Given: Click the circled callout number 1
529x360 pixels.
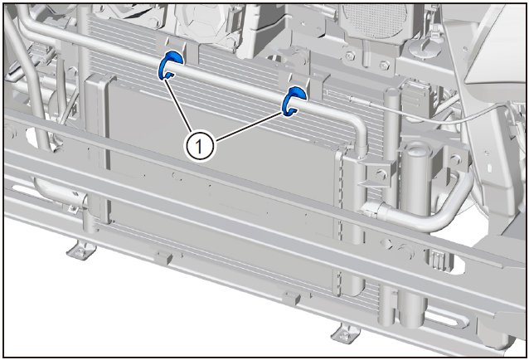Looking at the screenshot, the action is click(x=199, y=147).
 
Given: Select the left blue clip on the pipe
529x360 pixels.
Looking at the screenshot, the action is click(x=170, y=66).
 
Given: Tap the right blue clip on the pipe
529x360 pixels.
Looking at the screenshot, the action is click(x=294, y=101).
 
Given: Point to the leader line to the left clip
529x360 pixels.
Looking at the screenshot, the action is click(x=177, y=105).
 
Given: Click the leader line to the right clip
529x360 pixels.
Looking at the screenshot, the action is click(x=248, y=126).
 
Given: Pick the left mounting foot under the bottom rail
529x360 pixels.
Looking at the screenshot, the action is click(x=81, y=250).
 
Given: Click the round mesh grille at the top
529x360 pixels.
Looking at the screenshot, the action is click(x=374, y=20).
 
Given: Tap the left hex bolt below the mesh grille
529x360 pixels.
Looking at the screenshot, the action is click(x=351, y=56).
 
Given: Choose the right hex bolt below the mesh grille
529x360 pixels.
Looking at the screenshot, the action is click(x=385, y=66).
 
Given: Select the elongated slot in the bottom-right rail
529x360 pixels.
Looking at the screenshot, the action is click(x=445, y=319).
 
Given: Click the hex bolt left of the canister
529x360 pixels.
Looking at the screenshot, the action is click(x=381, y=175).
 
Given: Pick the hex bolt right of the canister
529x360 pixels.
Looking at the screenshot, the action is click(x=456, y=159).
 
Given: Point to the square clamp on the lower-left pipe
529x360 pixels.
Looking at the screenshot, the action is click(x=72, y=209).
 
